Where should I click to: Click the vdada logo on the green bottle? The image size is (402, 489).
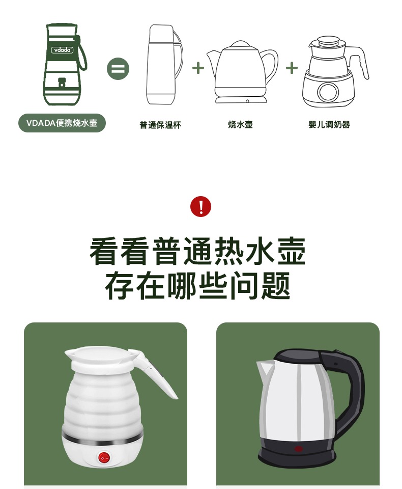point(62,49)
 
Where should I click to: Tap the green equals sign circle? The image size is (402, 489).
point(118,69)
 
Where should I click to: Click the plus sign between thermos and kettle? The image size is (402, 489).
point(198,68)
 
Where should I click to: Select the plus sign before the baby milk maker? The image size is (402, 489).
point(292,68)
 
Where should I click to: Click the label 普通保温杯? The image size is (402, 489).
point(160,125)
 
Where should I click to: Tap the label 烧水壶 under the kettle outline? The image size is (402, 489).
point(240,124)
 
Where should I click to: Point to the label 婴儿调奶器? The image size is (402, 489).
point(329,124)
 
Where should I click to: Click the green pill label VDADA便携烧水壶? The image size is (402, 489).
point(62,123)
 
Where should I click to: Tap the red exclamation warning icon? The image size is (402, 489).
point(200,206)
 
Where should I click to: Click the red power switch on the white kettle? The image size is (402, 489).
point(104,457)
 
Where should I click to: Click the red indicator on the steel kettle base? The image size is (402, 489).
point(299,449)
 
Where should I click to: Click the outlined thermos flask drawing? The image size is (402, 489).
point(164,65)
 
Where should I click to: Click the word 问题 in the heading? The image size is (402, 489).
point(260,285)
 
